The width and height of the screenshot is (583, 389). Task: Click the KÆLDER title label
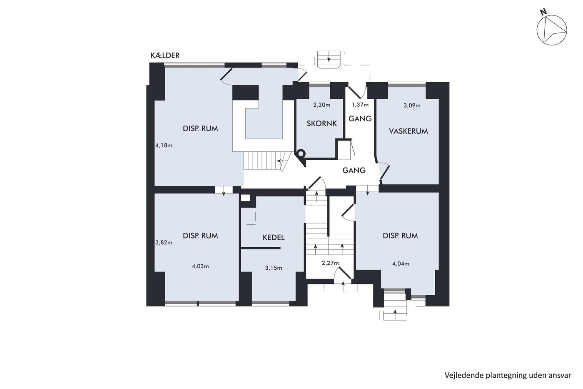point(165,55)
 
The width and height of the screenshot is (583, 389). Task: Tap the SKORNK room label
point(321,123)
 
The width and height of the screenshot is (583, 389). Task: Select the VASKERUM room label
point(409,131)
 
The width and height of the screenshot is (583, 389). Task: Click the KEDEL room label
point(274,237)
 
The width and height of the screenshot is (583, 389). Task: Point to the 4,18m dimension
point(164,146)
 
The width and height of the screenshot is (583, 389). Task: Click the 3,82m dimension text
point(164,243)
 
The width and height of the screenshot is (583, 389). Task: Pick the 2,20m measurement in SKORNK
point(321,105)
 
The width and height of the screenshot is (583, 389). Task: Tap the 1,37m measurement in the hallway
point(360,105)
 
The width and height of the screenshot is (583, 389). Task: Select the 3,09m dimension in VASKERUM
point(412,105)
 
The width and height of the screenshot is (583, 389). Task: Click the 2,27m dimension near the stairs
point(330,263)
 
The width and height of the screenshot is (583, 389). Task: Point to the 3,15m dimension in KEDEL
point(274,268)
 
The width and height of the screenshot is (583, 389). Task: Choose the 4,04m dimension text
point(401,264)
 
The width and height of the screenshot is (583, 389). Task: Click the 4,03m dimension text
point(200,266)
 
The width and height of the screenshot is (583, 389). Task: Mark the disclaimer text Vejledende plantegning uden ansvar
point(508,375)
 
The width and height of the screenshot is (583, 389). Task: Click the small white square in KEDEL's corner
point(245,198)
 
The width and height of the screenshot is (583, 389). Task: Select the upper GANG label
point(360,118)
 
